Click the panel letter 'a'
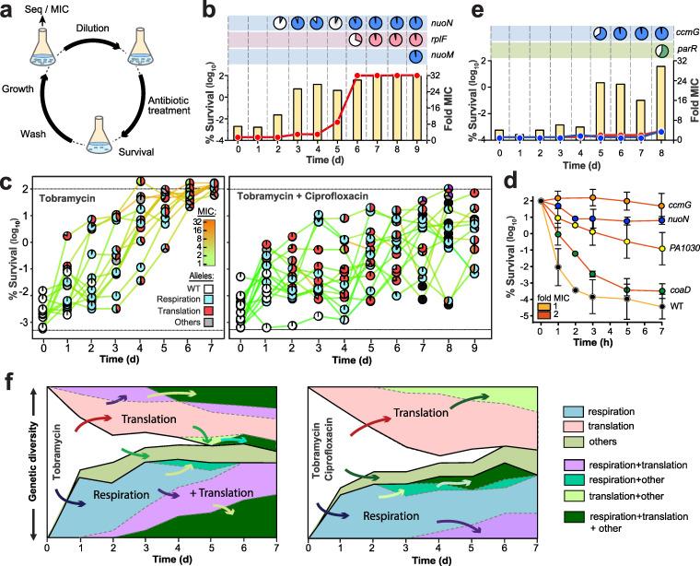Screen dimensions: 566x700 pyautogui.click(x=9, y=12)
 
